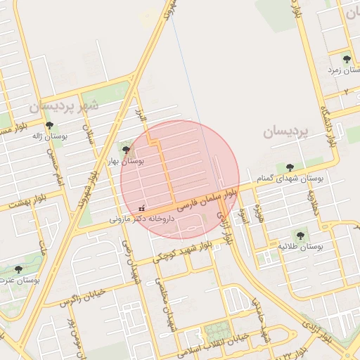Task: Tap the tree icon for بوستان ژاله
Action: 49,125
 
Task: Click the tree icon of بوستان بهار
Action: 126,149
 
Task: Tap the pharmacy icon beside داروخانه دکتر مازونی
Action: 142,208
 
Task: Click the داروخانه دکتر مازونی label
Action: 146,219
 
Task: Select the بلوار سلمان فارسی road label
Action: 207,199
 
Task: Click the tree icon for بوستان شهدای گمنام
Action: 290,167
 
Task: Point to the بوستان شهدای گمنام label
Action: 291,179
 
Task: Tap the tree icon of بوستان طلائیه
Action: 300,236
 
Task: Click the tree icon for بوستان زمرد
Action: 346,59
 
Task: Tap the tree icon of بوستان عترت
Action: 18,269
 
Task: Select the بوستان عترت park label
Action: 21,281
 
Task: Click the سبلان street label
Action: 89,131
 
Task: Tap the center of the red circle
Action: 180,180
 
